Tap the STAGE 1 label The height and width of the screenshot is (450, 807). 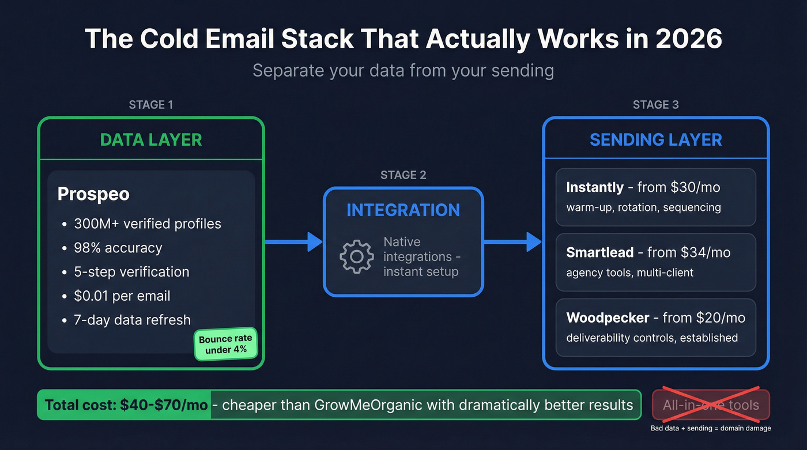click(x=151, y=105)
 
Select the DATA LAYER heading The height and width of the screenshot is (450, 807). click(x=151, y=139)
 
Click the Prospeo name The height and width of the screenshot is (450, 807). click(x=93, y=194)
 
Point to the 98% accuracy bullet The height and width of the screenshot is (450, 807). click(x=118, y=248)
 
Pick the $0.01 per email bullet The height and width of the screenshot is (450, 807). click(x=122, y=296)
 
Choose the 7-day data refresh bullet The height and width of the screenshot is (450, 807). click(x=132, y=320)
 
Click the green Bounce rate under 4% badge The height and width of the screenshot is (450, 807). click(x=225, y=344)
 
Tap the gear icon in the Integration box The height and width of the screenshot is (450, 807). click(x=357, y=256)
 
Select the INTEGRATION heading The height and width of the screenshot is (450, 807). click(x=403, y=210)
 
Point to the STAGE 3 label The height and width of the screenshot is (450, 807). click(x=655, y=105)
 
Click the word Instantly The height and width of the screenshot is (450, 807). click(x=595, y=187)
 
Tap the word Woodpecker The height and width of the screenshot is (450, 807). click(x=608, y=317)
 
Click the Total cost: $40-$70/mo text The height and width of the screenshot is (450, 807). click(x=126, y=404)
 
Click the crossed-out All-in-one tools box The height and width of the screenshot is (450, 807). click(x=711, y=404)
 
